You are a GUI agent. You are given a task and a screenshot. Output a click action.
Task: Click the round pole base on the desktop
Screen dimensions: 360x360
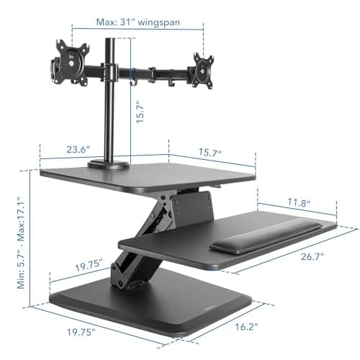(109, 166)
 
